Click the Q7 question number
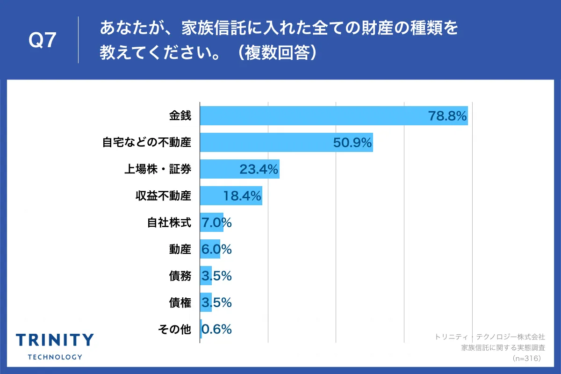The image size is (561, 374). (43, 41)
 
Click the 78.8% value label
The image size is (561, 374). (447, 116)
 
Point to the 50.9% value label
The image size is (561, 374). (352, 143)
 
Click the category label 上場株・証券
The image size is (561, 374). (157, 169)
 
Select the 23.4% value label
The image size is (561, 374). (259, 169)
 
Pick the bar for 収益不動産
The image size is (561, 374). (220, 196)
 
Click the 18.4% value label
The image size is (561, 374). (242, 196)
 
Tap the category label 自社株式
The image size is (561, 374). (169, 223)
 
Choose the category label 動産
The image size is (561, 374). (180, 249)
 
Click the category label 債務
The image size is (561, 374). (180, 276)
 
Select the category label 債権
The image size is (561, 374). (180, 302)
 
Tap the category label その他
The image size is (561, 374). (174, 329)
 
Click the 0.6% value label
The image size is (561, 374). (216, 329)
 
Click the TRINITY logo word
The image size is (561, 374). (55, 340)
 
